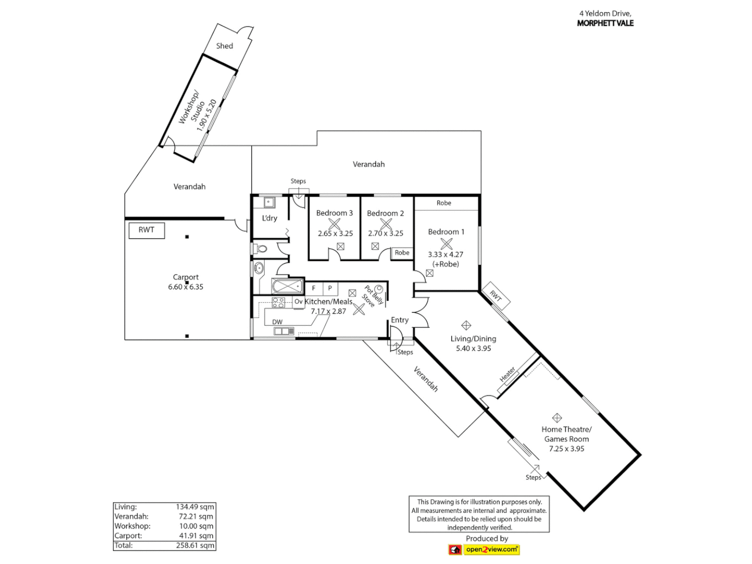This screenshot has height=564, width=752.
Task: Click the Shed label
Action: coord(225,46)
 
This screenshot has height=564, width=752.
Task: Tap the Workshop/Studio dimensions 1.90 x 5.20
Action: coord(206,115)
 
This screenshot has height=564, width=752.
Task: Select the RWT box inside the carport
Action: coord(147,230)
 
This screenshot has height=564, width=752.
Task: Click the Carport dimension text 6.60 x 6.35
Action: coord(186,287)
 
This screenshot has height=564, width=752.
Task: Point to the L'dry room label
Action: coord(269,218)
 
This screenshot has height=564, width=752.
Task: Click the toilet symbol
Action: coord(261,249)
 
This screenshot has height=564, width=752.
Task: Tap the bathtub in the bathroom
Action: coord(287,286)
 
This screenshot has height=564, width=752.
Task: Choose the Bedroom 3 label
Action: coord(334,213)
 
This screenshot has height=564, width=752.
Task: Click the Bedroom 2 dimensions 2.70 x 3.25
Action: coord(386,233)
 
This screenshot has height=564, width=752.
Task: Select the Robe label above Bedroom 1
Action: coord(444,203)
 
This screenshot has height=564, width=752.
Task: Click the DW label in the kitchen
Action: coord(277,322)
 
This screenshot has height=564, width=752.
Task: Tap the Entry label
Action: coord(399,320)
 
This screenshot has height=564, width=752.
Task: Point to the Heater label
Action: coord(508,374)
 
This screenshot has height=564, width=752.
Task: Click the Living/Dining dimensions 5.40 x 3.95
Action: coord(474,348)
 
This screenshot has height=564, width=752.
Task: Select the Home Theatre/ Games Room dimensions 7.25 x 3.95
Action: coord(567,449)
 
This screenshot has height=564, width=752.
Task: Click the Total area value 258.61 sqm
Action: coord(195,545)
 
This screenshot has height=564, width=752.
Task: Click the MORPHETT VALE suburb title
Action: coord(605,23)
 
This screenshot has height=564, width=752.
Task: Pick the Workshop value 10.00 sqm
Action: coord(196,526)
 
